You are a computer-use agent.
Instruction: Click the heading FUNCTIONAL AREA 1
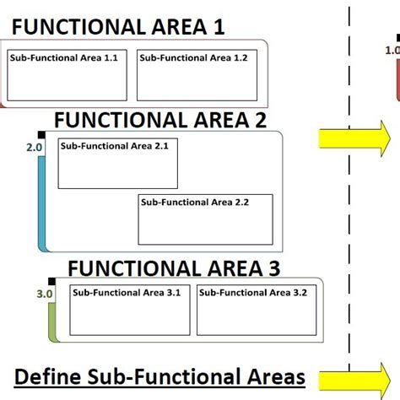118,27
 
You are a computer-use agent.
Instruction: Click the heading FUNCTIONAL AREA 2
159,120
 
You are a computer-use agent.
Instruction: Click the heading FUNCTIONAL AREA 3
173,269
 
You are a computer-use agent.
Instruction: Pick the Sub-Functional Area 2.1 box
117,164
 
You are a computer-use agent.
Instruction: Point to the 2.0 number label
35,148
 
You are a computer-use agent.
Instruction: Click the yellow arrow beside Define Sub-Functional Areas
354,377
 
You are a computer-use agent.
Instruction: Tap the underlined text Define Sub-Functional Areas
160,376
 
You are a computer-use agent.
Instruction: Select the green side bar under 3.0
52,321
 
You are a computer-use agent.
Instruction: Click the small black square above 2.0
41,136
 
